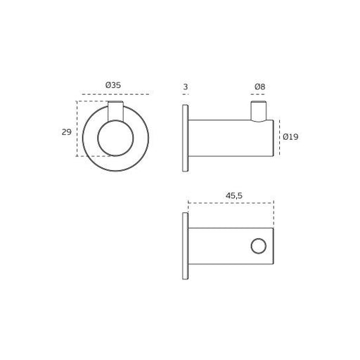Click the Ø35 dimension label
(113, 85)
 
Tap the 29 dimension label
(66, 132)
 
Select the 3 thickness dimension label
(186, 87)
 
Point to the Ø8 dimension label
(259, 87)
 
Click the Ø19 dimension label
(290, 136)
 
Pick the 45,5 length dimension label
(234, 195)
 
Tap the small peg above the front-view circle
(115, 111)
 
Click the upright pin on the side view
(259, 111)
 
